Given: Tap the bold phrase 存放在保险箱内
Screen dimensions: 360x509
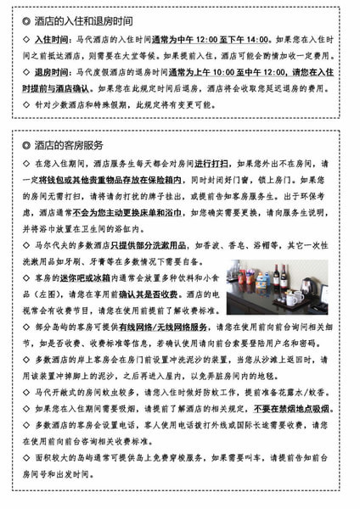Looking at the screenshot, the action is point(160,179).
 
